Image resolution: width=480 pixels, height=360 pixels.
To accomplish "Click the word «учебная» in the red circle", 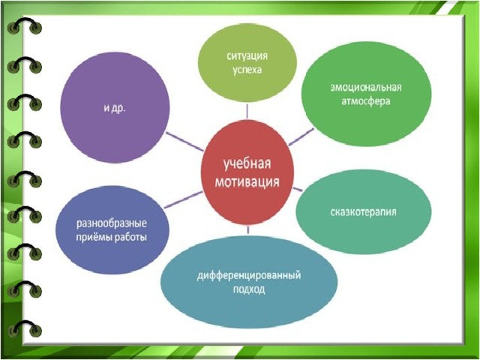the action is [x=247, y=164].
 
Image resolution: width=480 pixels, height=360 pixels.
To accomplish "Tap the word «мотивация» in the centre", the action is [x=247, y=181].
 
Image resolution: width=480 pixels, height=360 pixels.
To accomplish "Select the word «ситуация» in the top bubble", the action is [x=247, y=56].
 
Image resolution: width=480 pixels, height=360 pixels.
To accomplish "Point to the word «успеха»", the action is [x=247, y=70].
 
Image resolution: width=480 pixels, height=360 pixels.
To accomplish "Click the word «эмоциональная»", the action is [x=366, y=87].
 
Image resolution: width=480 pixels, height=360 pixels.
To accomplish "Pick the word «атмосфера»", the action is [x=366, y=101].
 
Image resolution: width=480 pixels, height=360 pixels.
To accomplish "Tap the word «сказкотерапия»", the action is [x=363, y=211].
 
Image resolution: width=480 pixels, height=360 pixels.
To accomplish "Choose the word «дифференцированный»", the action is [x=248, y=275].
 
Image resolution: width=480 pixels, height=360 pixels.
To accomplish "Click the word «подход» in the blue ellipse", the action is [x=249, y=289].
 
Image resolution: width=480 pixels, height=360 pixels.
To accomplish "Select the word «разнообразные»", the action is [x=112, y=223].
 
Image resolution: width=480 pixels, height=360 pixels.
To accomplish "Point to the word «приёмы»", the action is [x=93, y=237].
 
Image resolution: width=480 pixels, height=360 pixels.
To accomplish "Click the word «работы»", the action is [x=130, y=237].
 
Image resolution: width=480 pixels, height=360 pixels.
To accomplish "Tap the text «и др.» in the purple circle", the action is [x=115, y=108].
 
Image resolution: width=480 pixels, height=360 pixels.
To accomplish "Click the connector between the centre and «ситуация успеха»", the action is [x=247, y=111].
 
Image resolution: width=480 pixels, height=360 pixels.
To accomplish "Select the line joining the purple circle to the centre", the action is [x=184, y=142].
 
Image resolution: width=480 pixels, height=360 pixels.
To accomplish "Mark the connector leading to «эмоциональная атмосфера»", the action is [x=301, y=136].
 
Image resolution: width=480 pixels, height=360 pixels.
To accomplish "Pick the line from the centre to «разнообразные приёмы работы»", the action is [x=183, y=200].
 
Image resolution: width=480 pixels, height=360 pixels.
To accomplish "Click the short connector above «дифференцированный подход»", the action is [x=248, y=229].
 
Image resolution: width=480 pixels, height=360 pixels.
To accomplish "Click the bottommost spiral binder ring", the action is [x=25, y=328].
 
